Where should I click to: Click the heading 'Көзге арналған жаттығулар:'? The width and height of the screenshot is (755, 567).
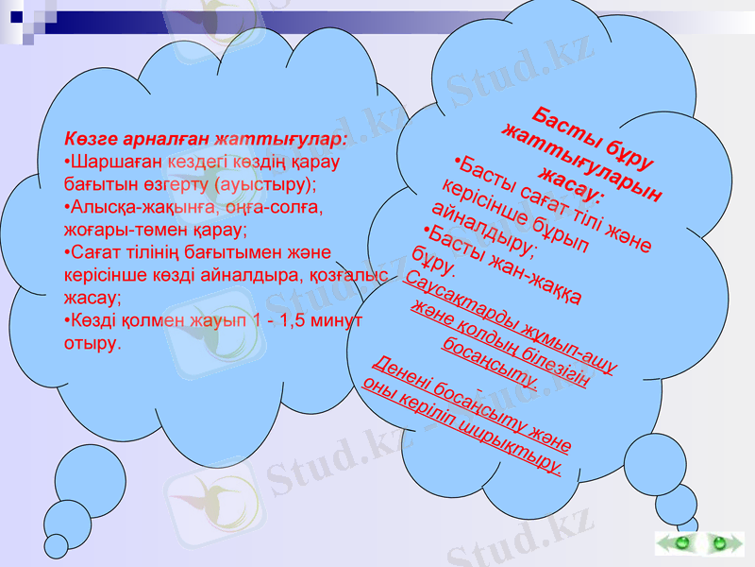tap(206, 139)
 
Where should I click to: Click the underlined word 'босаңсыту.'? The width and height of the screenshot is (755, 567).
tap(490, 363)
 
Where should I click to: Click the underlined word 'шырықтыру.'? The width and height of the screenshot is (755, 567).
tap(519, 452)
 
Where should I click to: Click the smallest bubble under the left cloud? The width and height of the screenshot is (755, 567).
tap(58, 546)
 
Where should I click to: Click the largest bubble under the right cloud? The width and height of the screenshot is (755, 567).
tap(654, 463)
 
